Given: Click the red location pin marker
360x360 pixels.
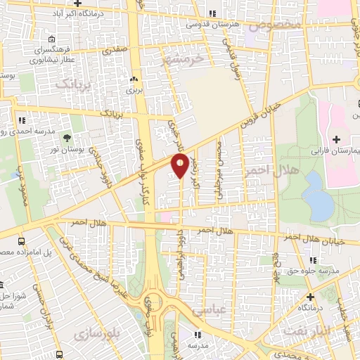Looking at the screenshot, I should (180, 166).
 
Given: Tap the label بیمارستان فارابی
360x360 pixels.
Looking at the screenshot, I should (334, 150).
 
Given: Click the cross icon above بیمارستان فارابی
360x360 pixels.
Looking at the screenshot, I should (336, 139).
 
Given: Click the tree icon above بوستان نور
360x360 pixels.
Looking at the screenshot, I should (67, 138).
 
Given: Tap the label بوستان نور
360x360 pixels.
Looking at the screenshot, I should (67, 150).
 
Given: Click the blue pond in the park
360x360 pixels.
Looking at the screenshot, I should (319, 195).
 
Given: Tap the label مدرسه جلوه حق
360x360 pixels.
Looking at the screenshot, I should (324, 270).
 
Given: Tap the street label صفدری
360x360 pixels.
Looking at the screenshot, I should (114, 51).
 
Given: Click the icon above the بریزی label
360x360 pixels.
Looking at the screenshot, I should (134, 79).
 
